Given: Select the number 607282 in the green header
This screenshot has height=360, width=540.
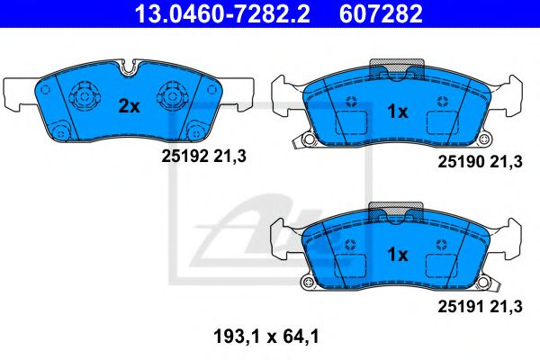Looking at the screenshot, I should [x=381, y=13].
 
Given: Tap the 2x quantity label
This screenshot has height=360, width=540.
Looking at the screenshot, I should [x=130, y=105].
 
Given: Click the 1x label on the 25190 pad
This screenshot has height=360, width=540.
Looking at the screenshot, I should [x=397, y=112].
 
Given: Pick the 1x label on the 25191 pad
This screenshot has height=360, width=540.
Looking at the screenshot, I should [x=397, y=255].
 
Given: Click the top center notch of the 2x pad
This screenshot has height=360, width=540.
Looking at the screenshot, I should [x=128, y=66].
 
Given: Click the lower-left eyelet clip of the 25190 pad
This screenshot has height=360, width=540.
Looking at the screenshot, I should [x=306, y=140].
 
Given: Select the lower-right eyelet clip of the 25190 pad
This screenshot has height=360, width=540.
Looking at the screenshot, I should [x=487, y=140].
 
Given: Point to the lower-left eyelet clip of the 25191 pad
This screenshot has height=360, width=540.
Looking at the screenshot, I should [x=306, y=283].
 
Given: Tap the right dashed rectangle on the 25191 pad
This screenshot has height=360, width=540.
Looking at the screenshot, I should [x=443, y=267].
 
